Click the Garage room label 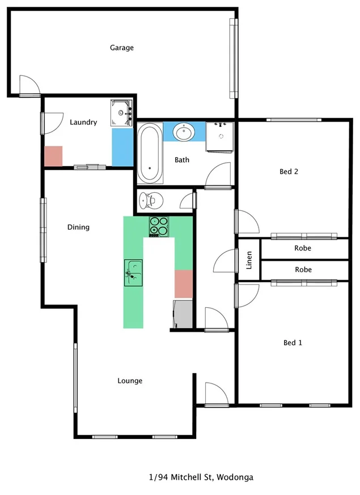(121, 48)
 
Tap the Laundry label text (83, 122)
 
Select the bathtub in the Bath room (150, 154)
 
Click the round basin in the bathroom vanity (184, 133)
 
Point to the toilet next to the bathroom (151, 200)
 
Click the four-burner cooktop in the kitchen (159, 226)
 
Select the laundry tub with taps (121, 112)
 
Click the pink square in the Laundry (53, 156)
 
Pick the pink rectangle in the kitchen (184, 284)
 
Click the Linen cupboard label (249, 260)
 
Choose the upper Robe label (303, 248)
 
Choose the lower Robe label (303, 270)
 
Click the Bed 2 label (289, 171)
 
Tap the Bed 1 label (293, 342)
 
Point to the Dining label (78, 227)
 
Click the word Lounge (130, 380)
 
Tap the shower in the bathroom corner (221, 137)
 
